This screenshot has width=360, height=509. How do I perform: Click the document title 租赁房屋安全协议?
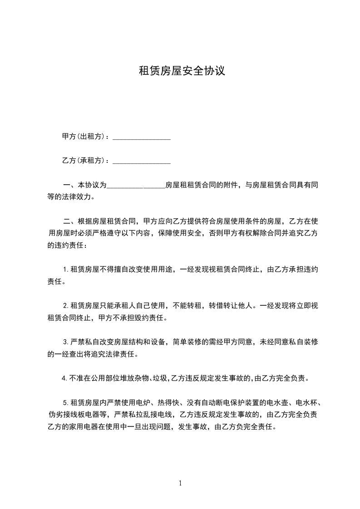182,71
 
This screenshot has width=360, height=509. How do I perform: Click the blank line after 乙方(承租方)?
141,161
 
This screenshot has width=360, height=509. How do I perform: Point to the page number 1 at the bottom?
180,483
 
